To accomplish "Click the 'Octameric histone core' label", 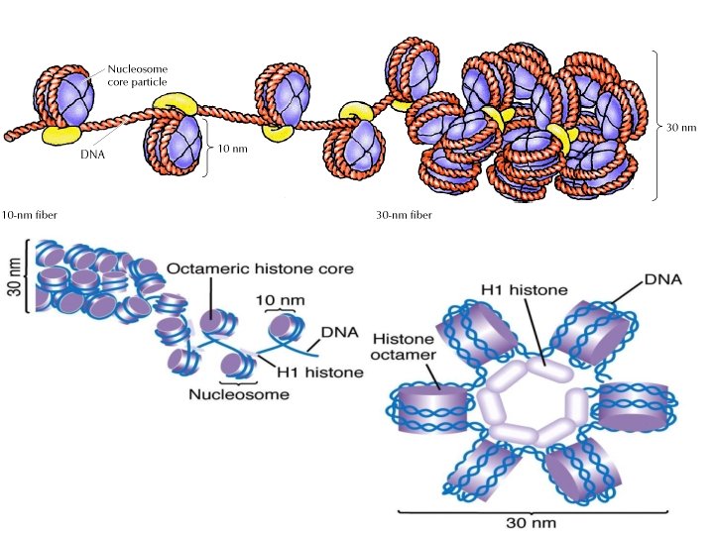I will tap(261, 268).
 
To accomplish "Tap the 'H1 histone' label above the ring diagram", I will tap(524, 289).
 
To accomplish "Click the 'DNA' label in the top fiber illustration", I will tap(93, 153).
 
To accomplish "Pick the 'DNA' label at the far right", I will tap(662, 281).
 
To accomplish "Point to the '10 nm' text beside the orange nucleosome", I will tap(231, 148).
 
